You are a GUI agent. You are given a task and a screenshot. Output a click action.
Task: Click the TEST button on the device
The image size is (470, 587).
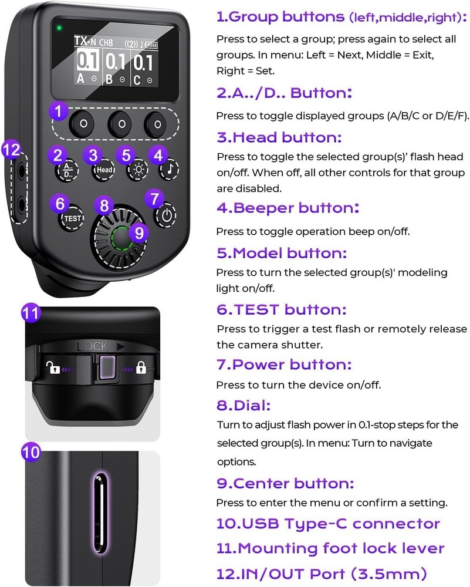pos(72,218)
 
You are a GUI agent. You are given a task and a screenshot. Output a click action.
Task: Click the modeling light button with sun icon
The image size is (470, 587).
pos(137,171)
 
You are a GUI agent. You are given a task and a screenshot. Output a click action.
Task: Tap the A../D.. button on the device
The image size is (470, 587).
pos(66,171)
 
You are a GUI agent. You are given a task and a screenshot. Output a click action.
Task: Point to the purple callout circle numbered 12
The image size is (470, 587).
pos(11,150)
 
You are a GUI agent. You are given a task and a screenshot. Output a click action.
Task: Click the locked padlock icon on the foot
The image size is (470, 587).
pos(141,368)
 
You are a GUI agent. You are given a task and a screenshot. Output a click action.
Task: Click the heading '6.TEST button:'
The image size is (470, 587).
pos(282,309)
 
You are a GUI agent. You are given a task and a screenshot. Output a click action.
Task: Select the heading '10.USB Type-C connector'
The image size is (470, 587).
pos(328,524)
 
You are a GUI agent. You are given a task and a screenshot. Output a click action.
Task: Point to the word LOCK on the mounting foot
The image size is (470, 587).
pos(93,346)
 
